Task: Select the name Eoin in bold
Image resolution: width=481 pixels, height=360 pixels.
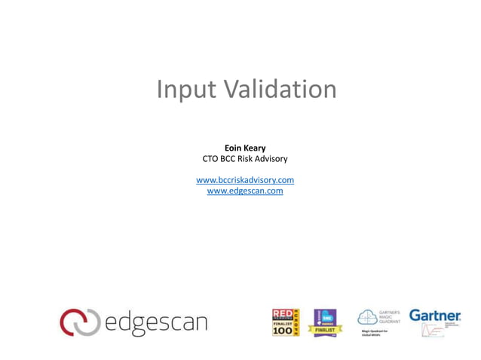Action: pos(233,148)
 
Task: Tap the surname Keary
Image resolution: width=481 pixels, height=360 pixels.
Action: pos(255,148)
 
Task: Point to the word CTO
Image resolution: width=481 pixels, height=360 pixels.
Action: pos(211,159)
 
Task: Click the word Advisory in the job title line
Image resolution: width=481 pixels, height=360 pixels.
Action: pos(270,159)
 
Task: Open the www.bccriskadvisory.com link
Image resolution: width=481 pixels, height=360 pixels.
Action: pos(245,180)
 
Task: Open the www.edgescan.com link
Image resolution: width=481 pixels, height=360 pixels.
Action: pos(245,191)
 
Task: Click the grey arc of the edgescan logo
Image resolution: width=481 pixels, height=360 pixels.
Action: pos(88,322)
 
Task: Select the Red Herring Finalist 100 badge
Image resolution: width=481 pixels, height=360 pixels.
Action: pos(286,322)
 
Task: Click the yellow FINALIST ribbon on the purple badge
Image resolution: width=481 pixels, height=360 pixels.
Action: pos(326,329)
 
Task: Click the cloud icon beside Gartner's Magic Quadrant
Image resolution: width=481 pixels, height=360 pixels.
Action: pos(368,317)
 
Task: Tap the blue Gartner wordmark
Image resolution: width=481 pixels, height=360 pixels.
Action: pos(434,315)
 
